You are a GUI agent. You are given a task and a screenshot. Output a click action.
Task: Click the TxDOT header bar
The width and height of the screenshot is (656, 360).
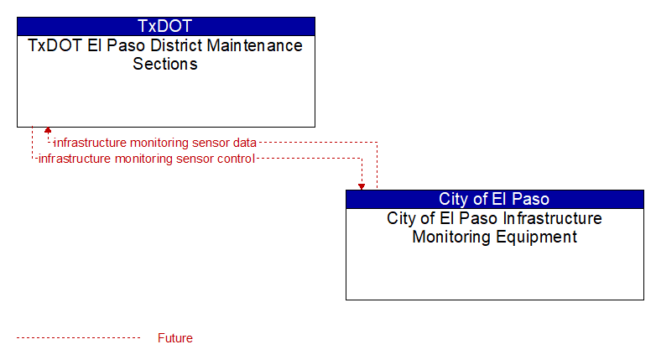click(x=166, y=26)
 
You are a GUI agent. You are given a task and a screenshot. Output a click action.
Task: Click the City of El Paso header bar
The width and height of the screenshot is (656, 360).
click(x=494, y=199)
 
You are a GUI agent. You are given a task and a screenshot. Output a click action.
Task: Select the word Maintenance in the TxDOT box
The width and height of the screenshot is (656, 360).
click(x=255, y=45)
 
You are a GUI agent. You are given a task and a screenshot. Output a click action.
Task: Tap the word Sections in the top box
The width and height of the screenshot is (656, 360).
click(x=165, y=64)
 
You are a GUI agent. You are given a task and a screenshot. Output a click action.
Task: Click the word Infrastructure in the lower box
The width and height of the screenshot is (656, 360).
click(x=552, y=218)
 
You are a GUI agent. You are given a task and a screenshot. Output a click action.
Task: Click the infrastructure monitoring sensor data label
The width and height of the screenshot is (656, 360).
click(x=155, y=143)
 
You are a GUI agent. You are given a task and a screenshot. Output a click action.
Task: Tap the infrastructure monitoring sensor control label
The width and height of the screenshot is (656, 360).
click(x=147, y=159)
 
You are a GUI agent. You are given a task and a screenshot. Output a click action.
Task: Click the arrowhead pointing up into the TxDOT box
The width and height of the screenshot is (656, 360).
click(x=48, y=130)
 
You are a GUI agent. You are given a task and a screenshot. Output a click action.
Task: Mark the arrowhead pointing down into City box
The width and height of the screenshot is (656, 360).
click(x=362, y=186)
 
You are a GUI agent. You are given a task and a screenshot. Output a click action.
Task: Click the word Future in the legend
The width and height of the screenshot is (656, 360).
click(x=175, y=338)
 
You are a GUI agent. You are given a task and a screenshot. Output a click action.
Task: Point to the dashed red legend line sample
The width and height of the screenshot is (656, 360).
click(x=78, y=338)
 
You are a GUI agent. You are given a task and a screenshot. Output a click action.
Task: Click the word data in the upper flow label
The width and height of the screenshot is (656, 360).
click(x=245, y=143)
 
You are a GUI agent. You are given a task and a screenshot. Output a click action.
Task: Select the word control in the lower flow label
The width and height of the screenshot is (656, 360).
click(x=236, y=159)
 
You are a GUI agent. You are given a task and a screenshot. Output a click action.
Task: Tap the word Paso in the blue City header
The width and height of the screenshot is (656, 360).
click(x=530, y=199)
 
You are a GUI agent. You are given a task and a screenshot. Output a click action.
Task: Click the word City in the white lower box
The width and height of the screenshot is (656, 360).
click(x=401, y=218)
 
